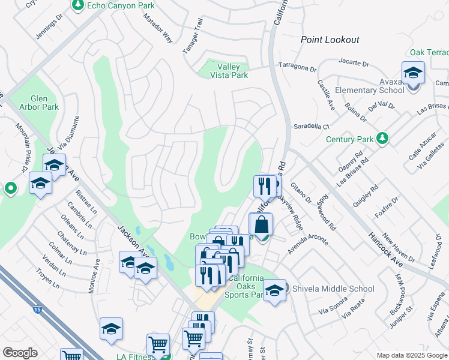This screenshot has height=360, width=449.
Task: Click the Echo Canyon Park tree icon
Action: point(78,5)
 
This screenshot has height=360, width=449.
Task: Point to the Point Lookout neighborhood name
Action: point(330,40)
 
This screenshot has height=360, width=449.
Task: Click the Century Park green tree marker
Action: point(382,139)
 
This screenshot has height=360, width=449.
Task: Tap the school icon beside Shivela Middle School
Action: point(274,291)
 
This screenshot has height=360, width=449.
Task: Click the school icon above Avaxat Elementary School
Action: point(412,73)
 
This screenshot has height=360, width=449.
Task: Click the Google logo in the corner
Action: point(20,353)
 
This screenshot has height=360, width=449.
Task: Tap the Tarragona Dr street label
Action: point(297,66)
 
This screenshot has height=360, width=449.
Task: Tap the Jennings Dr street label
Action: point(49,27)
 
